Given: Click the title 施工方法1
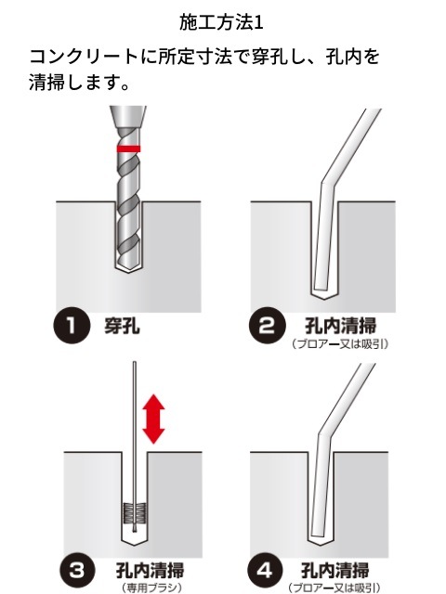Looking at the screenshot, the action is pos(221,22).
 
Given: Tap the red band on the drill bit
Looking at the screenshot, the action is pos(128,148).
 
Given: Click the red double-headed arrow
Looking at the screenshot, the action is pos(153,419).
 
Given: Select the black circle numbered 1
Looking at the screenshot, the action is pos(72,325).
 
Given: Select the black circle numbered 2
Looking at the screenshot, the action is pos(268,325).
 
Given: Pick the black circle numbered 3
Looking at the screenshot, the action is pos(77,569).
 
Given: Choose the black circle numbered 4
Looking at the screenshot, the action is pos(265,569).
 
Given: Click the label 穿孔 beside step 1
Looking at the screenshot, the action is pos(122,325).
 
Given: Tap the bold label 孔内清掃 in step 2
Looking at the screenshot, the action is pos(340,326).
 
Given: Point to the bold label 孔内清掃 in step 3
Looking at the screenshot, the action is pos(151,571).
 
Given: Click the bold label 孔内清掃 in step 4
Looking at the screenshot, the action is pos(334,571).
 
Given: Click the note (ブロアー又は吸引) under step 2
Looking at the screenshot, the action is pos(340,344).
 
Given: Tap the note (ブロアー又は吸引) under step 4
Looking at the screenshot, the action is pos(334,588).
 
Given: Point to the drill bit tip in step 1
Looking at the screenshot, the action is pos(129,270).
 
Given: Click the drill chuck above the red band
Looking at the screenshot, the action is pos(128,117).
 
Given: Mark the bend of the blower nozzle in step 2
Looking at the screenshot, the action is pos(327,181).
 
